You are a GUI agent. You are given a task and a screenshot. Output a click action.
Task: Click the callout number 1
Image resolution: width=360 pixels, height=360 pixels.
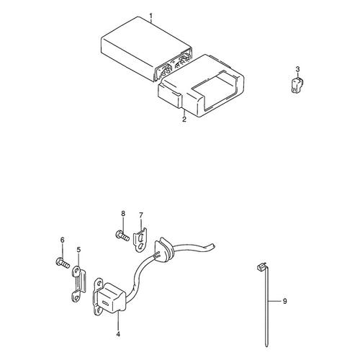(151, 16)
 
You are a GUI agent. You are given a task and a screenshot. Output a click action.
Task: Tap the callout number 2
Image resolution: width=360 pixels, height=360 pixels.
(184, 120)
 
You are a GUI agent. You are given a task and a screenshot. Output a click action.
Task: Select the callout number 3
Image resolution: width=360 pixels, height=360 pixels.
(297, 69)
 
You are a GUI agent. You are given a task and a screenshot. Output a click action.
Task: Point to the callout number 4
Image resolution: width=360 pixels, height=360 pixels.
(118, 334)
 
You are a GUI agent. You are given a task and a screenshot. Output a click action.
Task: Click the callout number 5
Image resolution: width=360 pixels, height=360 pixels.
(78, 250)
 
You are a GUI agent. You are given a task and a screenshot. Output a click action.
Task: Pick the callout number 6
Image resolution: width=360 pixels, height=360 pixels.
(63, 240)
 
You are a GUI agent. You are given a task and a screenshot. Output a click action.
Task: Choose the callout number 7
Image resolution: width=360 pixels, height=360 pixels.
(141, 215)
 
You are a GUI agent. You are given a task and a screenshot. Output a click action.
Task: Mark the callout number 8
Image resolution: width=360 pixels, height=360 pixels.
(123, 213)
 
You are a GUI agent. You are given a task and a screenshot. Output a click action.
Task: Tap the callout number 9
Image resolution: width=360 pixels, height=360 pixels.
(284, 301)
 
